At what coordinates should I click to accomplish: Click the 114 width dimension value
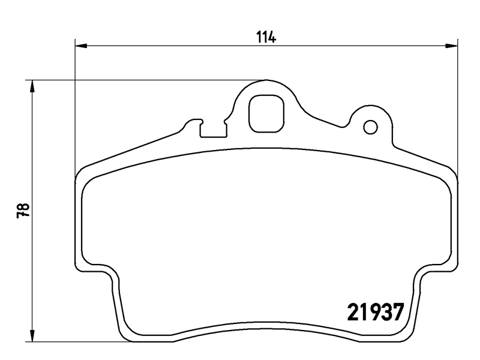click(266, 37)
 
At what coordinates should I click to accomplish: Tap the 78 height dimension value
click(23, 211)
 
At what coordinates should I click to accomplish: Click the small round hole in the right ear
click(370, 127)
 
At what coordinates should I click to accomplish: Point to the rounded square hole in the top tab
click(267, 114)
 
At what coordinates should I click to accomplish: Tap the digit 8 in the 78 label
click(23, 206)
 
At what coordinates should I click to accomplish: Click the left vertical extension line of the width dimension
click(74, 108)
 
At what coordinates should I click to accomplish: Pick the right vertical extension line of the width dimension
click(457, 108)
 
